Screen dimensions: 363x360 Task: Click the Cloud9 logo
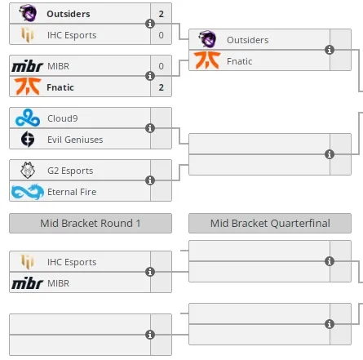tap(28, 118)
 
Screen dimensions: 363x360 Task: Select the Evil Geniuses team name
tap(75, 140)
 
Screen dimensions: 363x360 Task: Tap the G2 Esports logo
tap(28, 171)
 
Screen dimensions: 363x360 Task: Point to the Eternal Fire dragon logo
tap(28, 192)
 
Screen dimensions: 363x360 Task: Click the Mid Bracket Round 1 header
tap(91, 224)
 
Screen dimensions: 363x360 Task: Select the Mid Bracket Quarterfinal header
tap(270, 224)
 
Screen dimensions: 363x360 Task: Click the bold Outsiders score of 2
tap(162, 14)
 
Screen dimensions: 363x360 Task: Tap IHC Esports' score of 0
tap(162, 35)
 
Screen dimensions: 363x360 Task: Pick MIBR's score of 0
tap(162, 66)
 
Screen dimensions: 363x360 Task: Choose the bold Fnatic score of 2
tap(162, 87)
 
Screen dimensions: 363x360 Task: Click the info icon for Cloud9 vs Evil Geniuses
tap(150, 128)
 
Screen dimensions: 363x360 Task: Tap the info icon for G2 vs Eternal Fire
tap(150, 180)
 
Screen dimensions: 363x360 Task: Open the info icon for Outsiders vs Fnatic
tap(330, 50)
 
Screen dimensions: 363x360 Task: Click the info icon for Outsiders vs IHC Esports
tap(150, 24)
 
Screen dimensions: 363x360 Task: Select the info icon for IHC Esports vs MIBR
tap(150, 272)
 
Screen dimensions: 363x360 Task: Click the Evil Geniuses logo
tap(28, 139)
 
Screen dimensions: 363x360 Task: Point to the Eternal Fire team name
tap(72, 192)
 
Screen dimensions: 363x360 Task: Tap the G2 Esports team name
tap(70, 171)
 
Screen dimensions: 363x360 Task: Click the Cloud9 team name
tap(63, 118)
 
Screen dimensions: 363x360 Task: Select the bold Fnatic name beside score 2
tap(60, 87)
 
